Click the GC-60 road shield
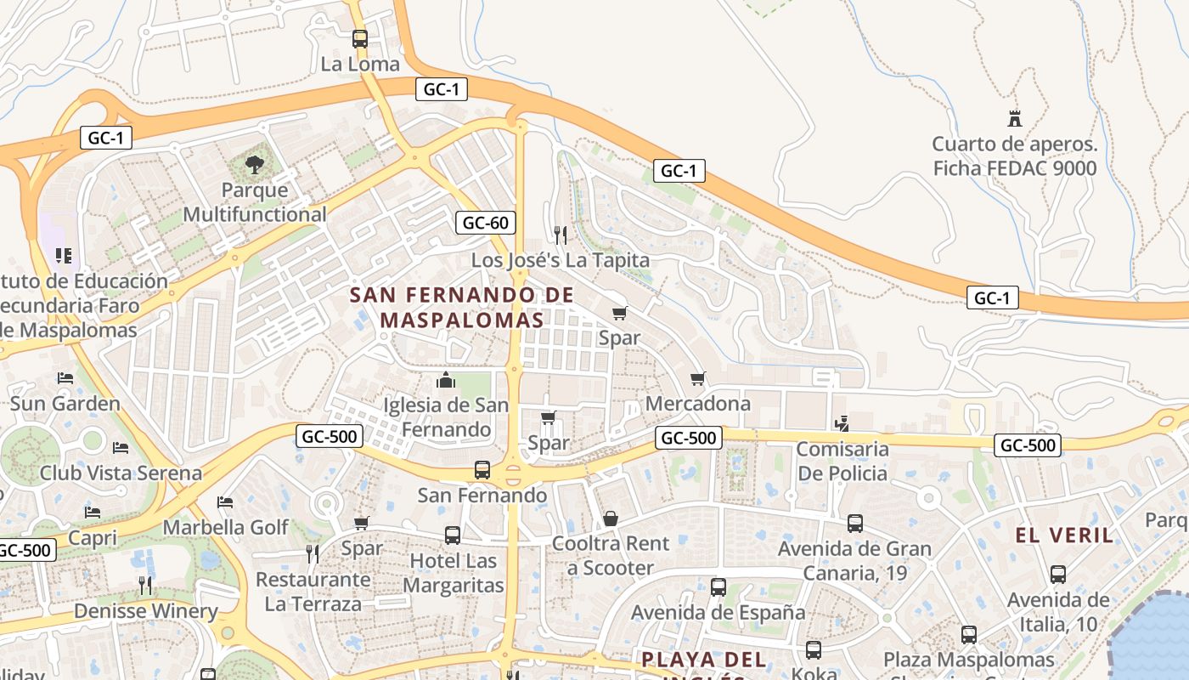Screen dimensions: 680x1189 click(x=485, y=223)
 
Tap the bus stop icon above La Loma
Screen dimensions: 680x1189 click(x=360, y=39)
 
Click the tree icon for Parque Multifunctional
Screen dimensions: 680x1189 click(x=254, y=164)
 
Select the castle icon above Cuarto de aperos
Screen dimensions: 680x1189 click(x=1014, y=118)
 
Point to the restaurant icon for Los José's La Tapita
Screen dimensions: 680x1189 click(x=560, y=234)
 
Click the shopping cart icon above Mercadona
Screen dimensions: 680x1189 click(x=698, y=378)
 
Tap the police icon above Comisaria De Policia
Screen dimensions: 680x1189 click(x=842, y=422)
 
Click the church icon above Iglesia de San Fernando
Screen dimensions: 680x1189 click(x=446, y=380)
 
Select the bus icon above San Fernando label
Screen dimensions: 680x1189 click(x=482, y=469)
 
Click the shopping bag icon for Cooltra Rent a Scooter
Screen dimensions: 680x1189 click(x=611, y=518)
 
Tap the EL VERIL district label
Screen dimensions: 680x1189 click(x=1064, y=535)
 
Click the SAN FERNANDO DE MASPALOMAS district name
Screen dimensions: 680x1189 click(x=462, y=308)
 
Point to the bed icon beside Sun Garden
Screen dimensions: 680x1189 click(x=65, y=378)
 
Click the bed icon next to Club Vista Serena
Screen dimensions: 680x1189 click(x=121, y=448)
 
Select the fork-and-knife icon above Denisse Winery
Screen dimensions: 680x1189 click(x=145, y=585)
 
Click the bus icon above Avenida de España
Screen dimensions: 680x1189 click(x=718, y=586)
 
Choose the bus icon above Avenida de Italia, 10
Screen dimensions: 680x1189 click(x=1058, y=575)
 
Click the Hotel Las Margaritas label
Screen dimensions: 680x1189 click(x=453, y=573)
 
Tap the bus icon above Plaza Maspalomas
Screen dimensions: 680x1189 click(x=969, y=634)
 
